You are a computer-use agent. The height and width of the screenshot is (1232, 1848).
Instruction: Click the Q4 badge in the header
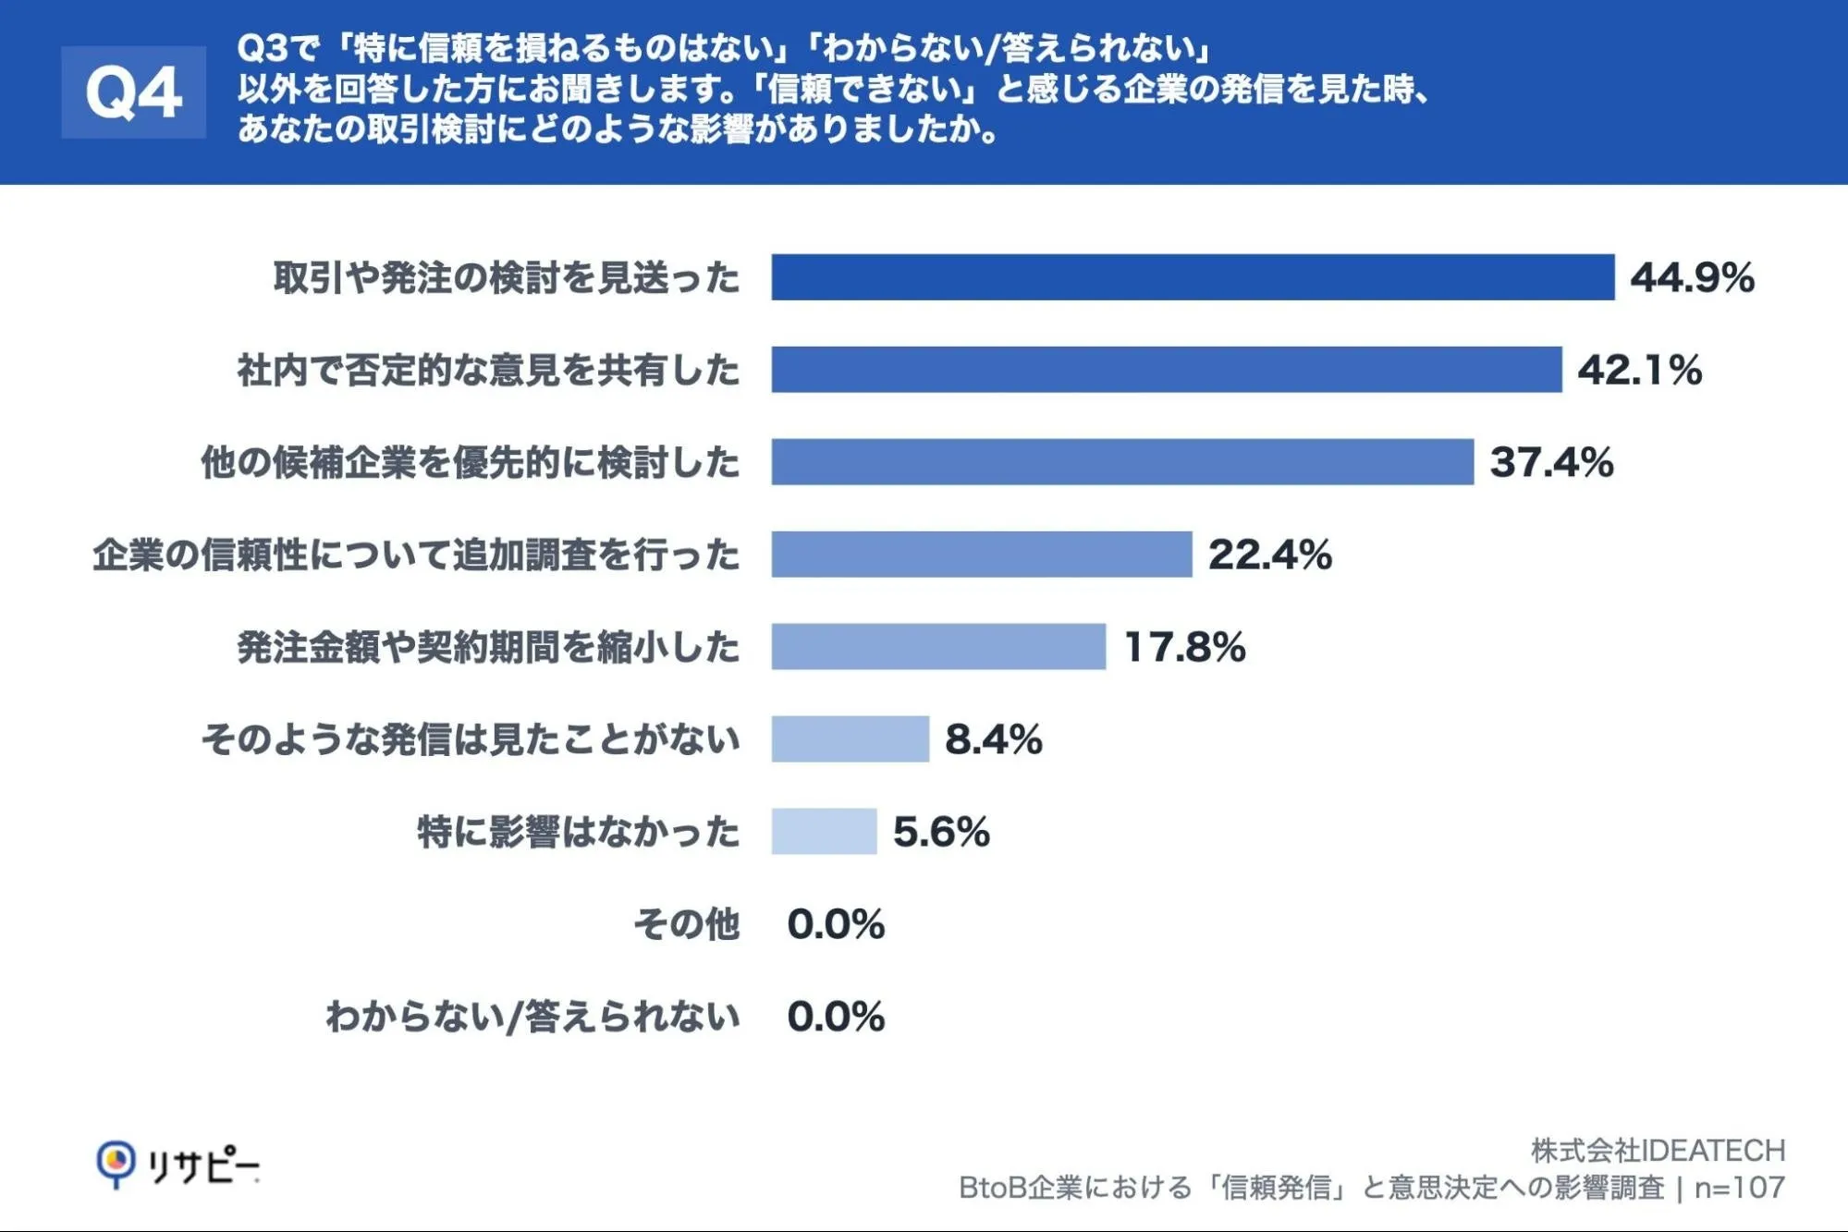click(133, 92)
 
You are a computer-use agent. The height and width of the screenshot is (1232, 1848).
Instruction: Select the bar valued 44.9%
click(1193, 277)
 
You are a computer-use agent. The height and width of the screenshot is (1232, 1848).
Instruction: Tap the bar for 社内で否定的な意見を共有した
click(1167, 370)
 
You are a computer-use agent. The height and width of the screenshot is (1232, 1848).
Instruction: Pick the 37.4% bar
click(1122, 462)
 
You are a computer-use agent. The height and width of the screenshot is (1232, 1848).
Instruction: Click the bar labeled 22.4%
click(982, 555)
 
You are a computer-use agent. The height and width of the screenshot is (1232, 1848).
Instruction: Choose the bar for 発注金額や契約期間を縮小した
click(938, 647)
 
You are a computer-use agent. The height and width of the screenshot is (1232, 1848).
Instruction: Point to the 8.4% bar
click(851, 739)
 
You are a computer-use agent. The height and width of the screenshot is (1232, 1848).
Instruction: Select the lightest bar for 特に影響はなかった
click(824, 832)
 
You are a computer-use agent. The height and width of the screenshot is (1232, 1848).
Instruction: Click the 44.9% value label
click(1692, 277)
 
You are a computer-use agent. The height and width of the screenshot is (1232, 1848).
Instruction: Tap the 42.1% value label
click(1639, 370)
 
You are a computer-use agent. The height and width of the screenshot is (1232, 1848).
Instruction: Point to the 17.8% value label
click(1185, 647)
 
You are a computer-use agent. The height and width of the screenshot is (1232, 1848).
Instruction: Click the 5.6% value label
click(941, 832)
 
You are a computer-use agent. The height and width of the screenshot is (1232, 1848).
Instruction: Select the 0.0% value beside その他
click(836, 924)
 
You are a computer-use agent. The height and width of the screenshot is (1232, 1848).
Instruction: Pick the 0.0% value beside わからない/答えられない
click(836, 1017)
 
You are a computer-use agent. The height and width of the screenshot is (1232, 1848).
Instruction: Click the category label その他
click(687, 924)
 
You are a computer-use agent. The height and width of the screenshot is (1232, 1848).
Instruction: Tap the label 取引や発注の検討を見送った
click(507, 277)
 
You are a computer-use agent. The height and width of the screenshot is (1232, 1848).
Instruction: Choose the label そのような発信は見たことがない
click(471, 739)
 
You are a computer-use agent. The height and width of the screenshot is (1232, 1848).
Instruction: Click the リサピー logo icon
click(116, 1164)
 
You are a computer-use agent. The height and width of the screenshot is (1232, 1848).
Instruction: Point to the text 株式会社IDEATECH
click(1658, 1151)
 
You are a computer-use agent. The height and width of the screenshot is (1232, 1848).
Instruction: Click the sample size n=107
click(1739, 1188)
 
